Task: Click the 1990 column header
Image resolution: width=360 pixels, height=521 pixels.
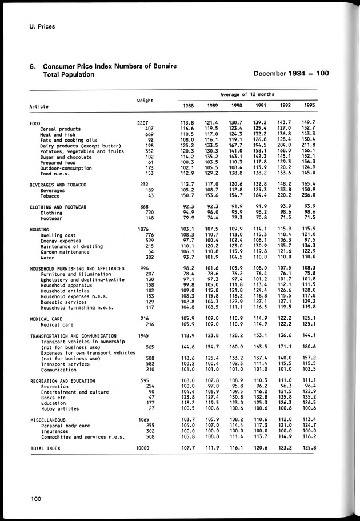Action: pos(235,106)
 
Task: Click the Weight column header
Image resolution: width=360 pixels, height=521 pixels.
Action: pos(145,101)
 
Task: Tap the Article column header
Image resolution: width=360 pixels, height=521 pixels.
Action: pos(39,106)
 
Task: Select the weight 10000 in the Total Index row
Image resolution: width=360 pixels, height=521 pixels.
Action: pos(145,448)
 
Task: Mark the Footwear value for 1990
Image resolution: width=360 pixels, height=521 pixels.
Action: pos(235,218)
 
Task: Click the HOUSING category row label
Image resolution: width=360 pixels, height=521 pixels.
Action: pos(40,229)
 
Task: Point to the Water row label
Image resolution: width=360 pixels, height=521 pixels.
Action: pos(47,257)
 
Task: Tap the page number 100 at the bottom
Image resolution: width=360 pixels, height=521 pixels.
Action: pos(36,500)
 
